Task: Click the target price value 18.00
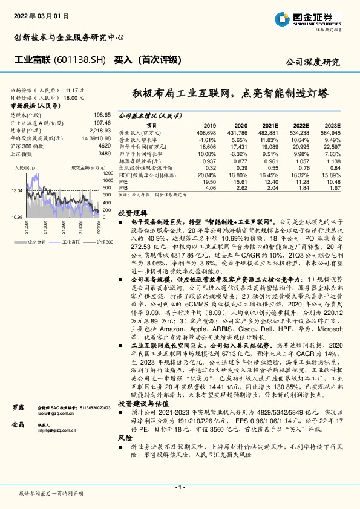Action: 73,96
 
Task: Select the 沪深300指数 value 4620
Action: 105,146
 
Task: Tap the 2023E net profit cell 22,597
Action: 330,146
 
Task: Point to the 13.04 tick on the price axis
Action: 17,190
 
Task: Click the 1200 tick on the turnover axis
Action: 108,173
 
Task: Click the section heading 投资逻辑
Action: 133,213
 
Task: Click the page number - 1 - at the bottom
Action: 179,486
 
